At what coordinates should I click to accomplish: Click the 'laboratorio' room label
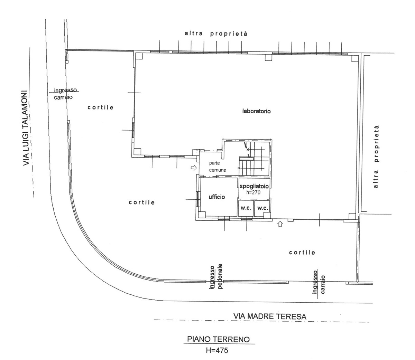(256, 111)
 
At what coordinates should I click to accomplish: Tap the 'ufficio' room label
(216, 197)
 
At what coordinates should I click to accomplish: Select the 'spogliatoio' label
(254, 186)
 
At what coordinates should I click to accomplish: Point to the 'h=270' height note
(253, 192)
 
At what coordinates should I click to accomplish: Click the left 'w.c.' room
(246, 208)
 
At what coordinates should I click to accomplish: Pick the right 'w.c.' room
(263, 208)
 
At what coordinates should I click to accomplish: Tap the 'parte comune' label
(218, 167)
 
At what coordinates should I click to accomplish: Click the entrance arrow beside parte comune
(194, 168)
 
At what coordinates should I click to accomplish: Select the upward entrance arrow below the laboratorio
(280, 224)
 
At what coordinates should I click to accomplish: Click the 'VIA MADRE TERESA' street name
(270, 316)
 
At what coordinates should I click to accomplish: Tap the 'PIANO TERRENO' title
(218, 339)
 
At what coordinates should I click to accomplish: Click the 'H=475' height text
(217, 350)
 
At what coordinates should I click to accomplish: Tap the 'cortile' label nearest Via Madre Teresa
(302, 253)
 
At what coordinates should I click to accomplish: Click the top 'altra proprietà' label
(216, 34)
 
